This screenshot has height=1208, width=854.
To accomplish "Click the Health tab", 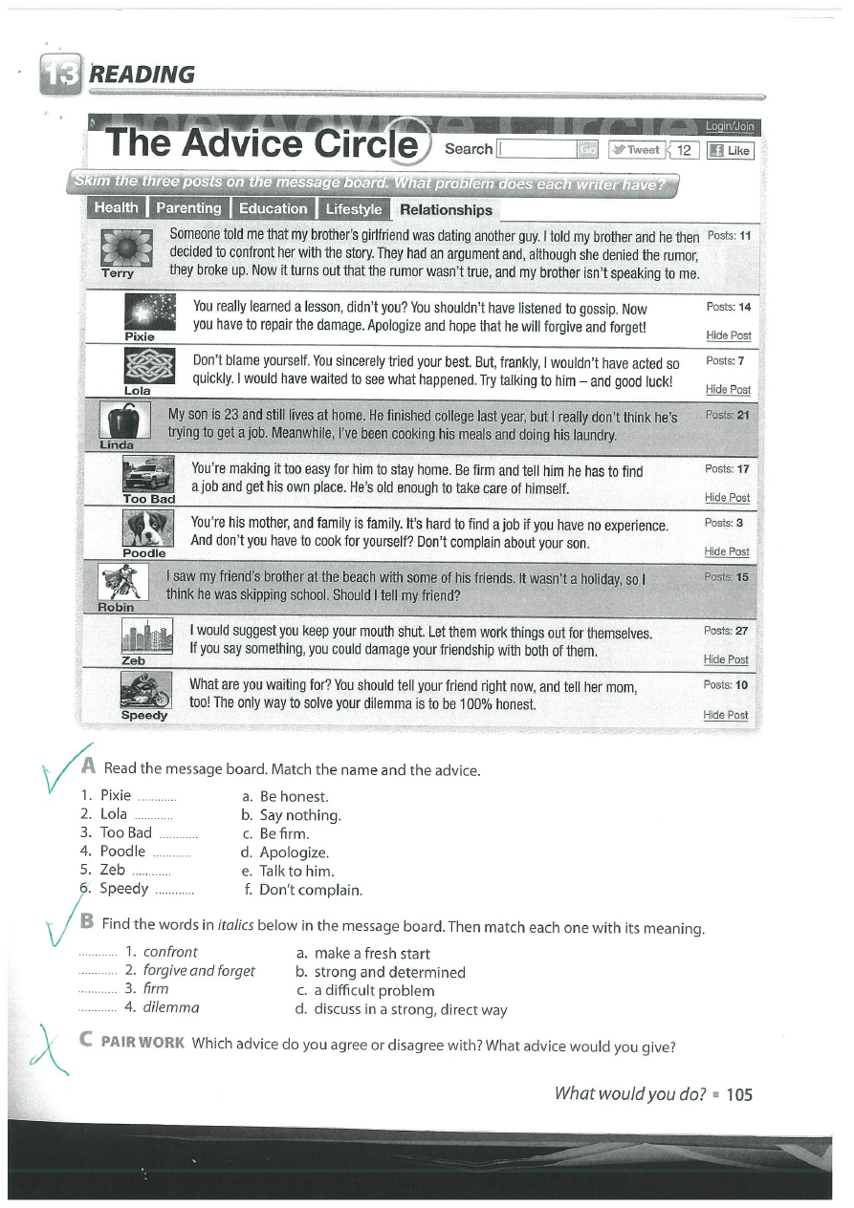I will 117,208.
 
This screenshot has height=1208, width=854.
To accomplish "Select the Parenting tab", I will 188,208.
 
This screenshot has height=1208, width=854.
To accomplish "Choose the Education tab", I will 273,208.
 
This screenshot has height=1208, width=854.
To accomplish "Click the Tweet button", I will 636,150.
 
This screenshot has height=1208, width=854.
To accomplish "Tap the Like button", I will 729,150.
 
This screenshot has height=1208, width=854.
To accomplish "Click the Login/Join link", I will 730,126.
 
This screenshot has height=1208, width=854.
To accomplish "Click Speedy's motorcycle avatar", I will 145,689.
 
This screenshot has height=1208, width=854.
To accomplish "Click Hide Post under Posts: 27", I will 726,659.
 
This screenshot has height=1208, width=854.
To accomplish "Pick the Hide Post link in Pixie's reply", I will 728,335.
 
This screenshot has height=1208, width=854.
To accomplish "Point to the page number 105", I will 739,1095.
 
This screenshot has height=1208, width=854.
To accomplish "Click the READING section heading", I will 141,75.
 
